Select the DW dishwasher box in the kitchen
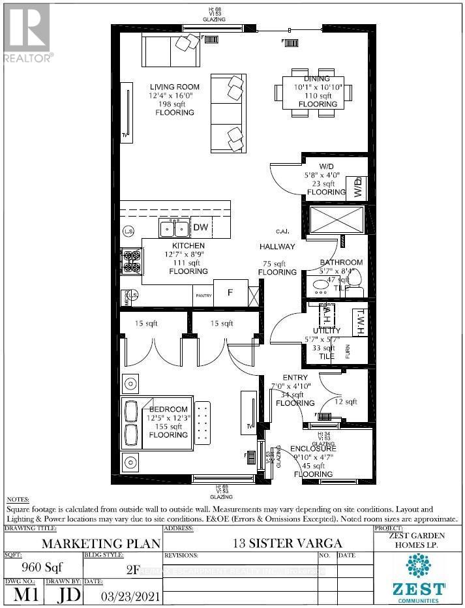(x=200, y=227)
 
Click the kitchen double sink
(x=174, y=228)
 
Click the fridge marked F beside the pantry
(x=230, y=294)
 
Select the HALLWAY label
(x=277, y=247)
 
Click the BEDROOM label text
(x=168, y=409)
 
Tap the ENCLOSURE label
(x=313, y=449)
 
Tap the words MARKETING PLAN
(x=82, y=542)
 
